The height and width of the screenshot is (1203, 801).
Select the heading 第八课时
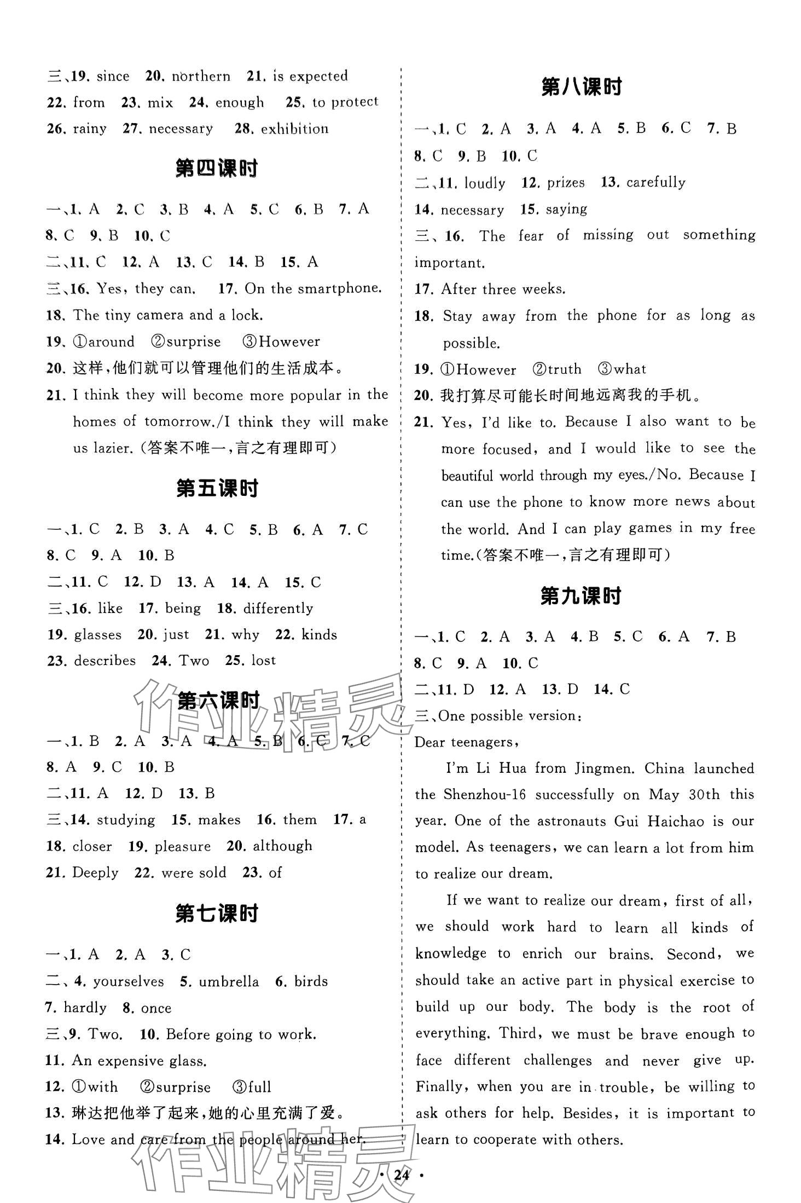click(x=581, y=88)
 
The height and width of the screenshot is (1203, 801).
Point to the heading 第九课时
click(x=581, y=596)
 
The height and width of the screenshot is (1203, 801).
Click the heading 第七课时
click(x=217, y=913)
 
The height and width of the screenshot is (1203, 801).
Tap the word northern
click(x=201, y=76)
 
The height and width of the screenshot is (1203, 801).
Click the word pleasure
click(x=183, y=847)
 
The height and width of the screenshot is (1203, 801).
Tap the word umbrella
click(x=229, y=981)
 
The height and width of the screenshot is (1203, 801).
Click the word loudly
click(x=484, y=183)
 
